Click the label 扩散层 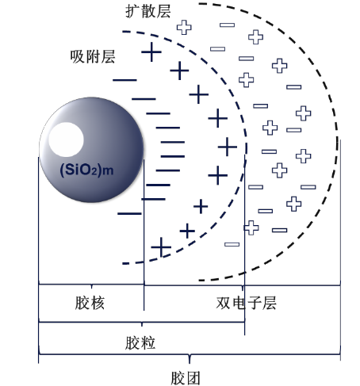pyautogui.click(x=148, y=11)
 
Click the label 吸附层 pyautogui.click(x=93, y=56)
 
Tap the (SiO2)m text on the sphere pyautogui.click(x=86, y=170)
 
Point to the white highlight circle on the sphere pyautogui.click(x=66, y=139)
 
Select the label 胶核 pyautogui.click(x=90, y=303)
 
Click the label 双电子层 pyautogui.click(x=247, y=303)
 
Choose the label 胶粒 pyautogui.click(x=140, y=343)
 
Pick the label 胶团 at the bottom pyautogui.click(x=186, y=378)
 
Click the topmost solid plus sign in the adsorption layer pyautogui.click(x=151, y=52)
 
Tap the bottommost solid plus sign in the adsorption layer pyautogui.click(x=161, y=247)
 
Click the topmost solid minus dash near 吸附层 pyautogui.click(x=124, y=80)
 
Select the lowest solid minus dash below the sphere pyautogui.click(x=129, y=213)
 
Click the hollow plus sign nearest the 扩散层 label pyautogui.click(x=184, y=27)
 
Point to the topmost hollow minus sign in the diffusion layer pyautogui.click(x=227, y=25)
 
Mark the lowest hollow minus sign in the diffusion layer pyautogui.click(x=232, y=244)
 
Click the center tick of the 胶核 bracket pyautogui.click(x=91, y=286)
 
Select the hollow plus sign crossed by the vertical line pyautogui.click(x=251, y=227)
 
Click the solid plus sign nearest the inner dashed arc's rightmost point pyautogui.click(x=228, y=147)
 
